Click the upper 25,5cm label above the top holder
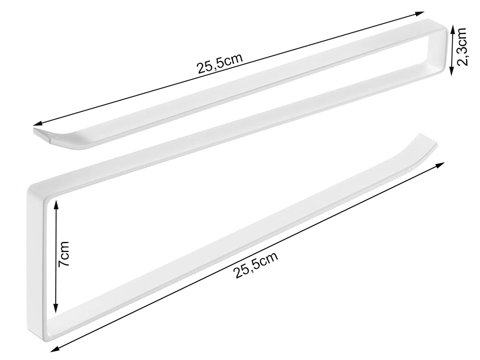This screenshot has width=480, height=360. pos(220,64)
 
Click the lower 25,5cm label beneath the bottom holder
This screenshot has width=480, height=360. pos(256,264)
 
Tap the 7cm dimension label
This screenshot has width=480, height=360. pos(64,253)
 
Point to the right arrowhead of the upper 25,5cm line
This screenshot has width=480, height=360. pos(420,13)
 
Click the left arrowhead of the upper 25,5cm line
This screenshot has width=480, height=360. pos(38,123)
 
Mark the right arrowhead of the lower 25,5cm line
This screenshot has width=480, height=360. pos(440,165)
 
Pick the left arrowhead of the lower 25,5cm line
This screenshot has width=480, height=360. pos(55,348)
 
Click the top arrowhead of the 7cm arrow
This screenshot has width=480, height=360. pos(55,204)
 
